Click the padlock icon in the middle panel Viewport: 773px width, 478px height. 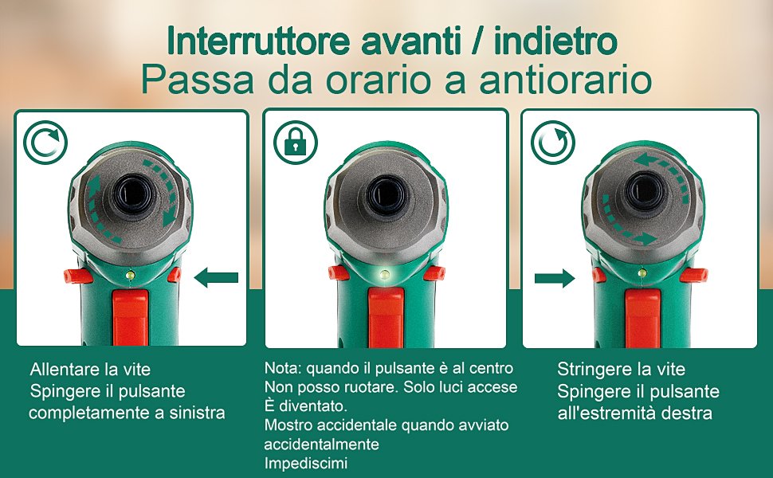[296, 143]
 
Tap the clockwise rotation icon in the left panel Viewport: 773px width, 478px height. [45, 143]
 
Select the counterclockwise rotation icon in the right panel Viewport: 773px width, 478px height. [553, 143]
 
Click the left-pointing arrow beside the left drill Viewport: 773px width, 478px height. [216, 278]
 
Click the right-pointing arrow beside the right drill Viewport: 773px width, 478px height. [555, 278]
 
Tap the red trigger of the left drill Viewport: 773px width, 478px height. [130, 318]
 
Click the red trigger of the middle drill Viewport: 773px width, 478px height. [386, 318]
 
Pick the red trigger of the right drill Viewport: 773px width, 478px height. [642, 319]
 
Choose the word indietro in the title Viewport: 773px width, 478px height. [555, 41]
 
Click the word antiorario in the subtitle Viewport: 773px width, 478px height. [566, 80]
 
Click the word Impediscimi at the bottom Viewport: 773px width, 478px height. [306, 464]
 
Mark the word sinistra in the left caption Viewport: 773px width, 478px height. [197, 413]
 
